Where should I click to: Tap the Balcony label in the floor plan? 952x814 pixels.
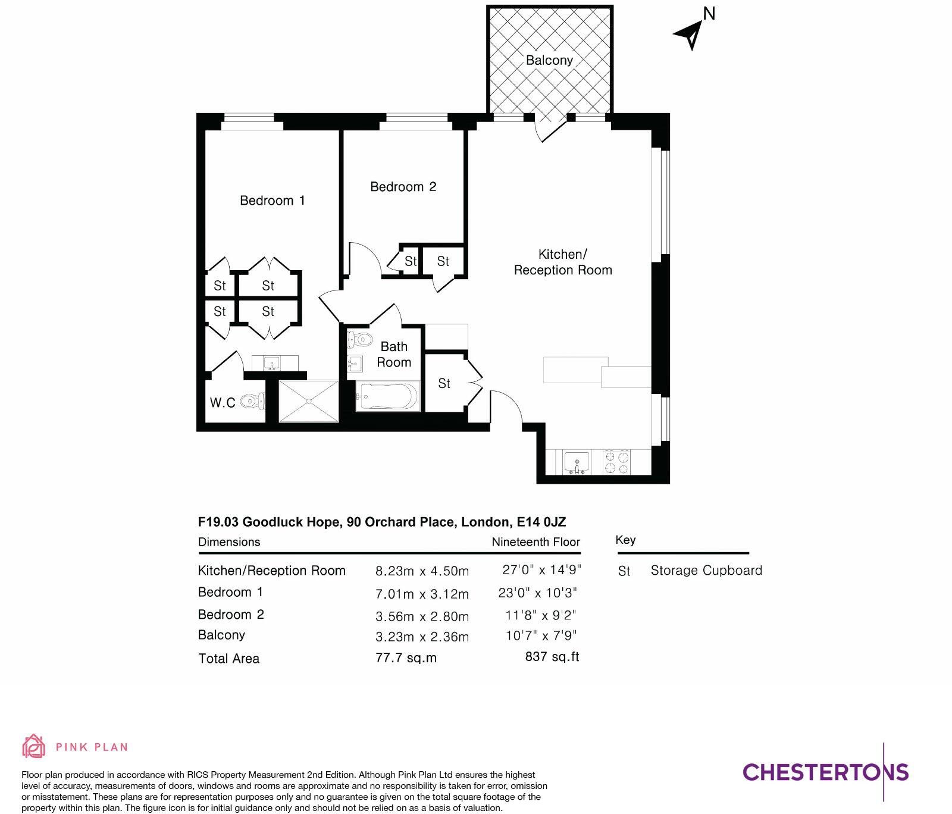549,60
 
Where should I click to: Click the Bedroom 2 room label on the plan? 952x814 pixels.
403,187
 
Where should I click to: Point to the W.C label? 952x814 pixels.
223,403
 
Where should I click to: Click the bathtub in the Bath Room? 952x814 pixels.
387,396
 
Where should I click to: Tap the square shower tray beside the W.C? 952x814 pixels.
309,401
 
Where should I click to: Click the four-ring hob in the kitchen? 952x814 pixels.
617,462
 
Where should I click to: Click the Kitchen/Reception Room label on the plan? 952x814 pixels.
562,262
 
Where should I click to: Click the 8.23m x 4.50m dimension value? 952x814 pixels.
422,571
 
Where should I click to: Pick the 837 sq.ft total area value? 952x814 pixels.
552,657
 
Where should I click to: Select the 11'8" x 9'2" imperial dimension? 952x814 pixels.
540,615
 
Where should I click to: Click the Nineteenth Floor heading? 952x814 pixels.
535,542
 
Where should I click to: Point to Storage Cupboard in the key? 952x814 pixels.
706,571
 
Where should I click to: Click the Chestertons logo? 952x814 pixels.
825,772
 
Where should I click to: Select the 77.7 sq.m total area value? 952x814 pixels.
406,658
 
